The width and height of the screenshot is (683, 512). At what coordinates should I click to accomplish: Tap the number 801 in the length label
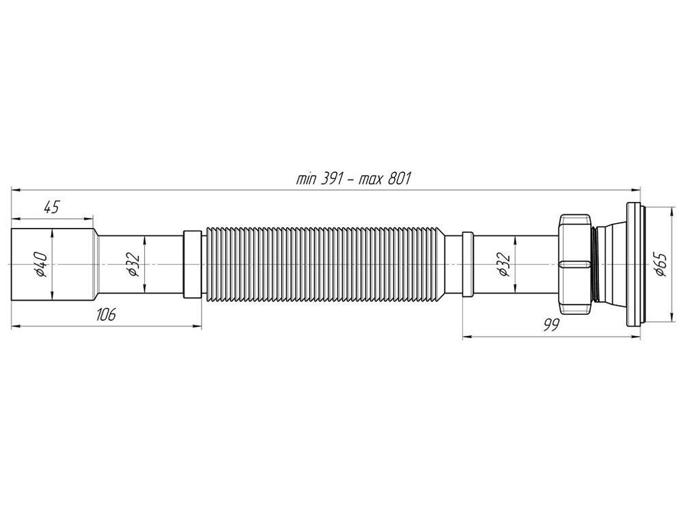[399, 179]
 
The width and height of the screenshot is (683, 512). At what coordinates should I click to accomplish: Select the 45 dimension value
[51, 208]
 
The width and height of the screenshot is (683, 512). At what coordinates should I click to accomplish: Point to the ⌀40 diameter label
[42, 264]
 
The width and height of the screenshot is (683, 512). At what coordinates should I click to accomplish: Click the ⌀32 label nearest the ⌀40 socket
[133, 264]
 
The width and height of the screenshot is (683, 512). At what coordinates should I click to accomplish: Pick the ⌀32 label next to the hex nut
[504, 264]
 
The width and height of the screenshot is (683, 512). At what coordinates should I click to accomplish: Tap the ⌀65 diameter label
[660, 264]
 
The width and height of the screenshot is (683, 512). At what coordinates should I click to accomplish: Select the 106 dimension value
[106, 314]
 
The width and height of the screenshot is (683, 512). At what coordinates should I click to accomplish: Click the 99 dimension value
[550, 324]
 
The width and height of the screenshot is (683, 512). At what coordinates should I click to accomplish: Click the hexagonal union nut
[574, 264]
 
